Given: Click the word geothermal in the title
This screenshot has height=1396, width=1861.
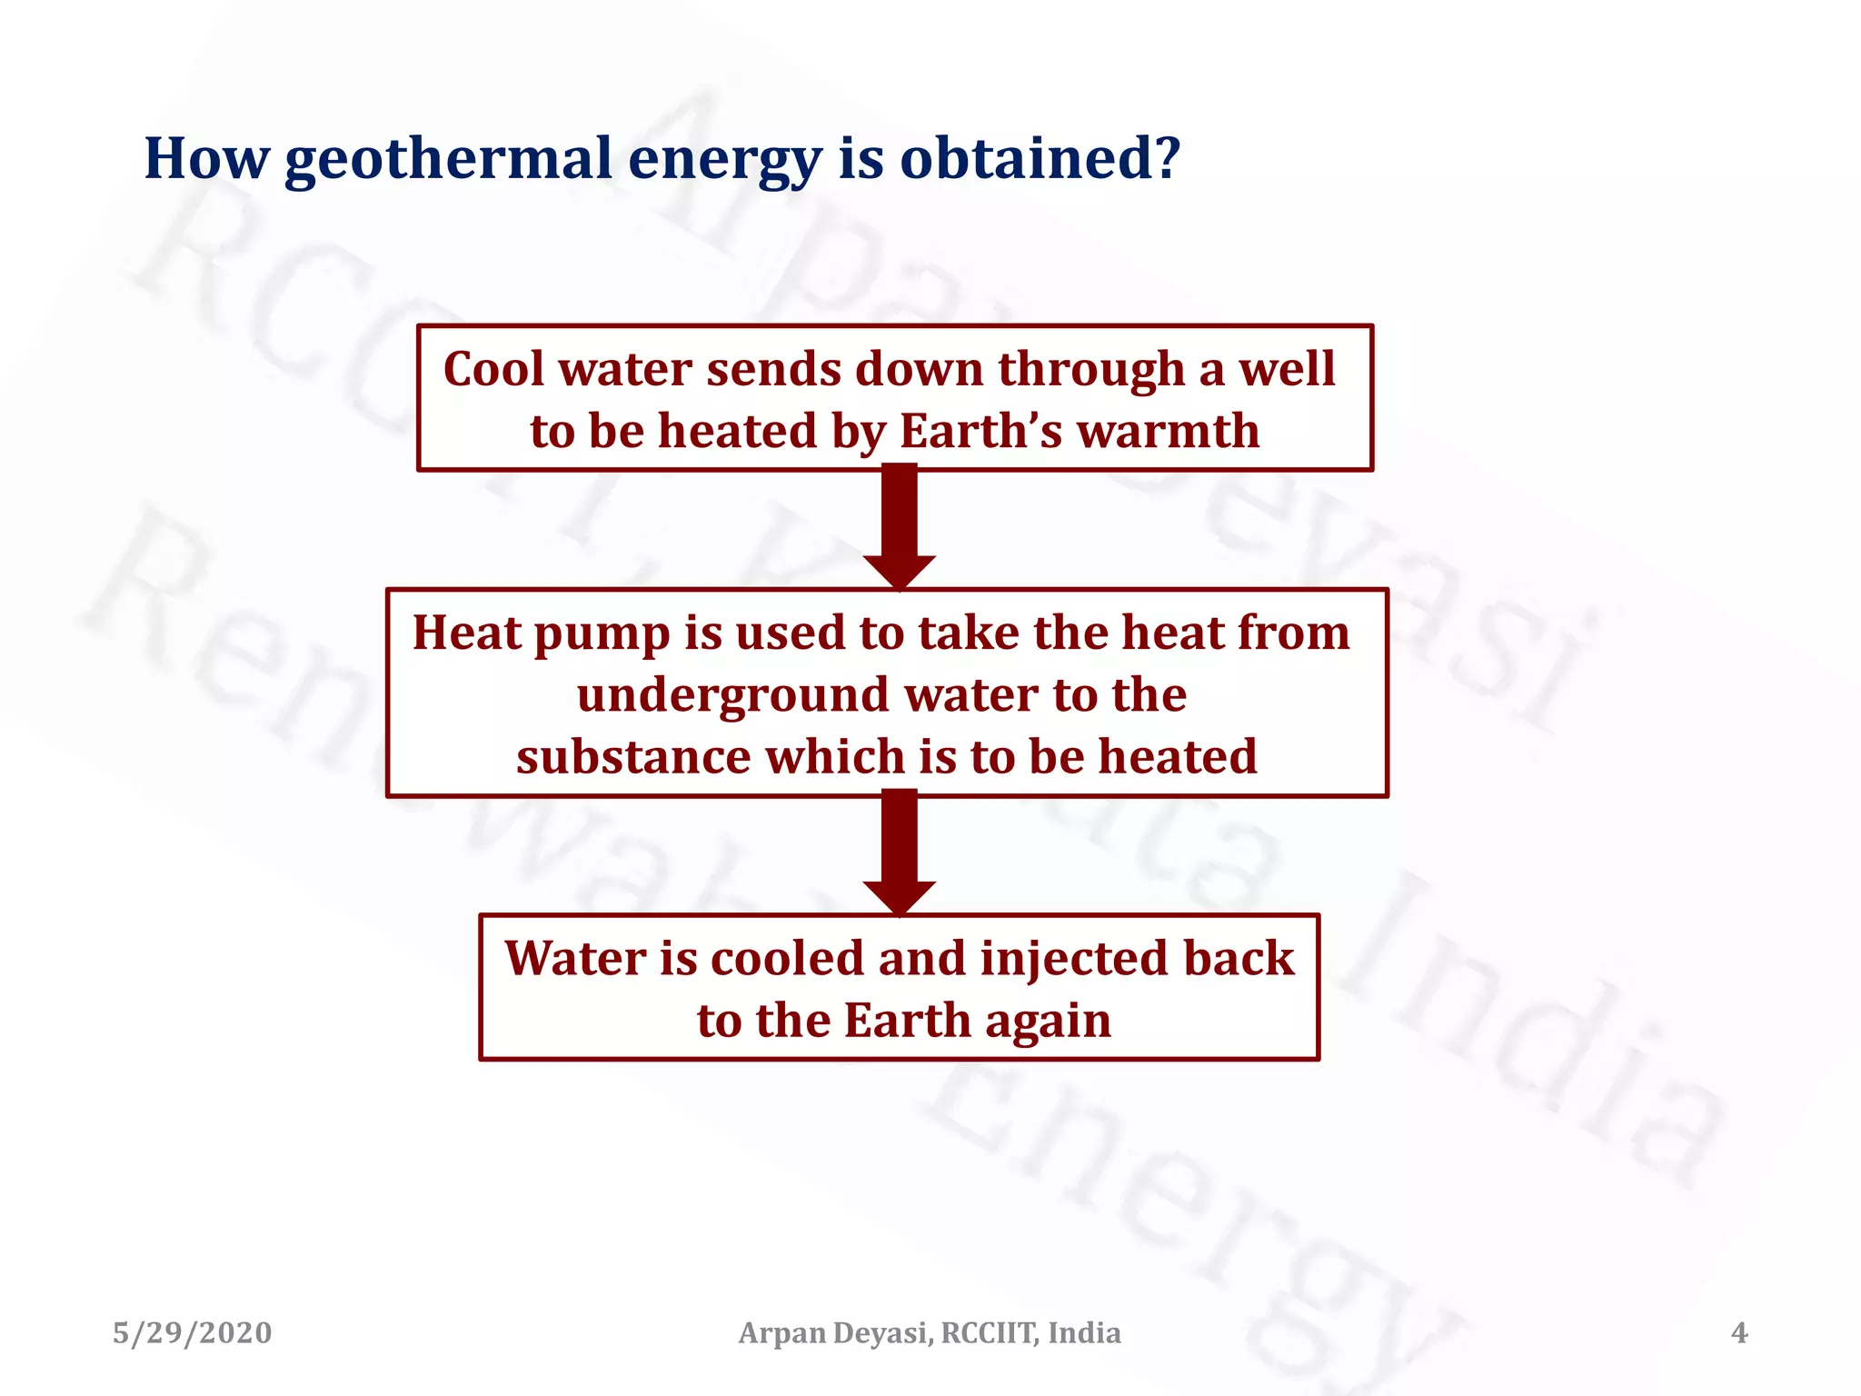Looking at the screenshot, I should pos(448,160).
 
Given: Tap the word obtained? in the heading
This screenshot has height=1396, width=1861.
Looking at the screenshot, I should pos(1040,158).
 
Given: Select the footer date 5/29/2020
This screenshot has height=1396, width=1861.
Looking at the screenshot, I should pos(192,1333).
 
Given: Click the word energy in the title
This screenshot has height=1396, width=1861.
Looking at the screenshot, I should pos(724,160).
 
